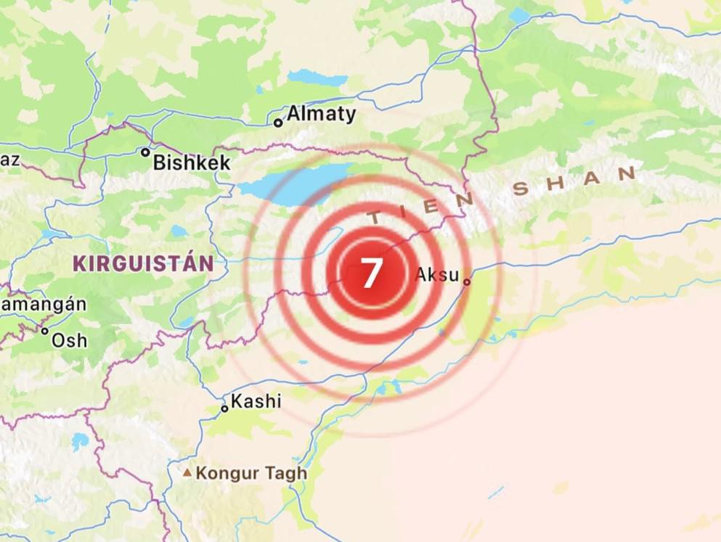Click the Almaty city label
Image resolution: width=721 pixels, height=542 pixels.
coord(322,114)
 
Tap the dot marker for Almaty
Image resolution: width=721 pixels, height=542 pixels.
coord(278,123)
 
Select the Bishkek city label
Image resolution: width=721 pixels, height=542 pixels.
coord(192,163)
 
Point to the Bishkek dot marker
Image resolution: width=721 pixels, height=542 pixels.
coord(145,152)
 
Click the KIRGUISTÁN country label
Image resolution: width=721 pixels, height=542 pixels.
coord(142,263)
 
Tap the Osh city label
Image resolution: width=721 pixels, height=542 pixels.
coord(69,340)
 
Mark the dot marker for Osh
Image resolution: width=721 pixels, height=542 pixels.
coord(45,332)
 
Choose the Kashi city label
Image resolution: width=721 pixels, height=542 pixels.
coord(256,401)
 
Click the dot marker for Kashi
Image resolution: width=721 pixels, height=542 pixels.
coord(224,408)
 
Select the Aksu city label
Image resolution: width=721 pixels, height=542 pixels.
coord(436,275)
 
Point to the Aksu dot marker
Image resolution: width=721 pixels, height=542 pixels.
coord(467,282)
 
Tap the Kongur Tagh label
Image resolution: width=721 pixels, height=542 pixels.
coord(251,474)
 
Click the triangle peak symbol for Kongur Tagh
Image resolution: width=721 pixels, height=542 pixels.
coord(187,473)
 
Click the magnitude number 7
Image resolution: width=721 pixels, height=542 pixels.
coord(370,274)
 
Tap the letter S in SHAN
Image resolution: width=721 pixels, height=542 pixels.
coord(520,190)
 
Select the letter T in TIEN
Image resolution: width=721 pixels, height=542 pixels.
coord(375,217)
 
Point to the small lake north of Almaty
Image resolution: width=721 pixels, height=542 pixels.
coord(317,77)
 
